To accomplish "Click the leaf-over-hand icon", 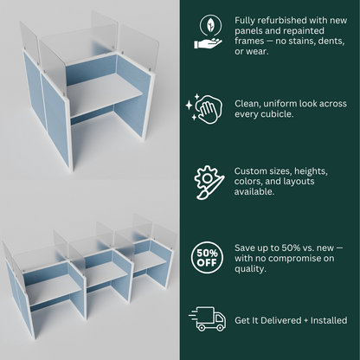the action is point(208,32).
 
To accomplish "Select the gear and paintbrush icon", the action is point(209,183).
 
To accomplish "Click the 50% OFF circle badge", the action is point(207,257).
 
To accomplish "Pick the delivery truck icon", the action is point(207,318).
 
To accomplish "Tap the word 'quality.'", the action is point(250,269).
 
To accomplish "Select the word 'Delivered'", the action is point(280,320).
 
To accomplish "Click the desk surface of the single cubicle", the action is point(104,93).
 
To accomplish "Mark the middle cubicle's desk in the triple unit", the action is point(106,274).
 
